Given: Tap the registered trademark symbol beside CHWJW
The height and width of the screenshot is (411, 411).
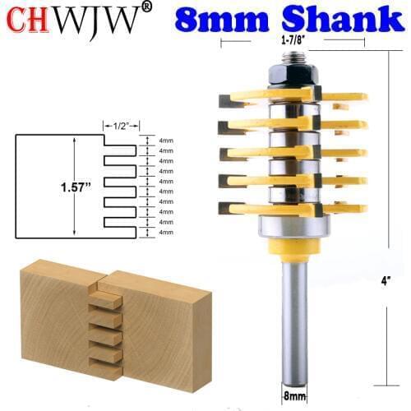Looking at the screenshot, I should pyautogui.click(x=146, y=8).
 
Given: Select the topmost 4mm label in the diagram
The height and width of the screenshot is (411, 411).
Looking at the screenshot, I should pyautogui.click(x=165, y=141).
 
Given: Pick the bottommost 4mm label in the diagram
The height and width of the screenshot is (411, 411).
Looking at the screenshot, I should pyautogui.click(x=165, y=233).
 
